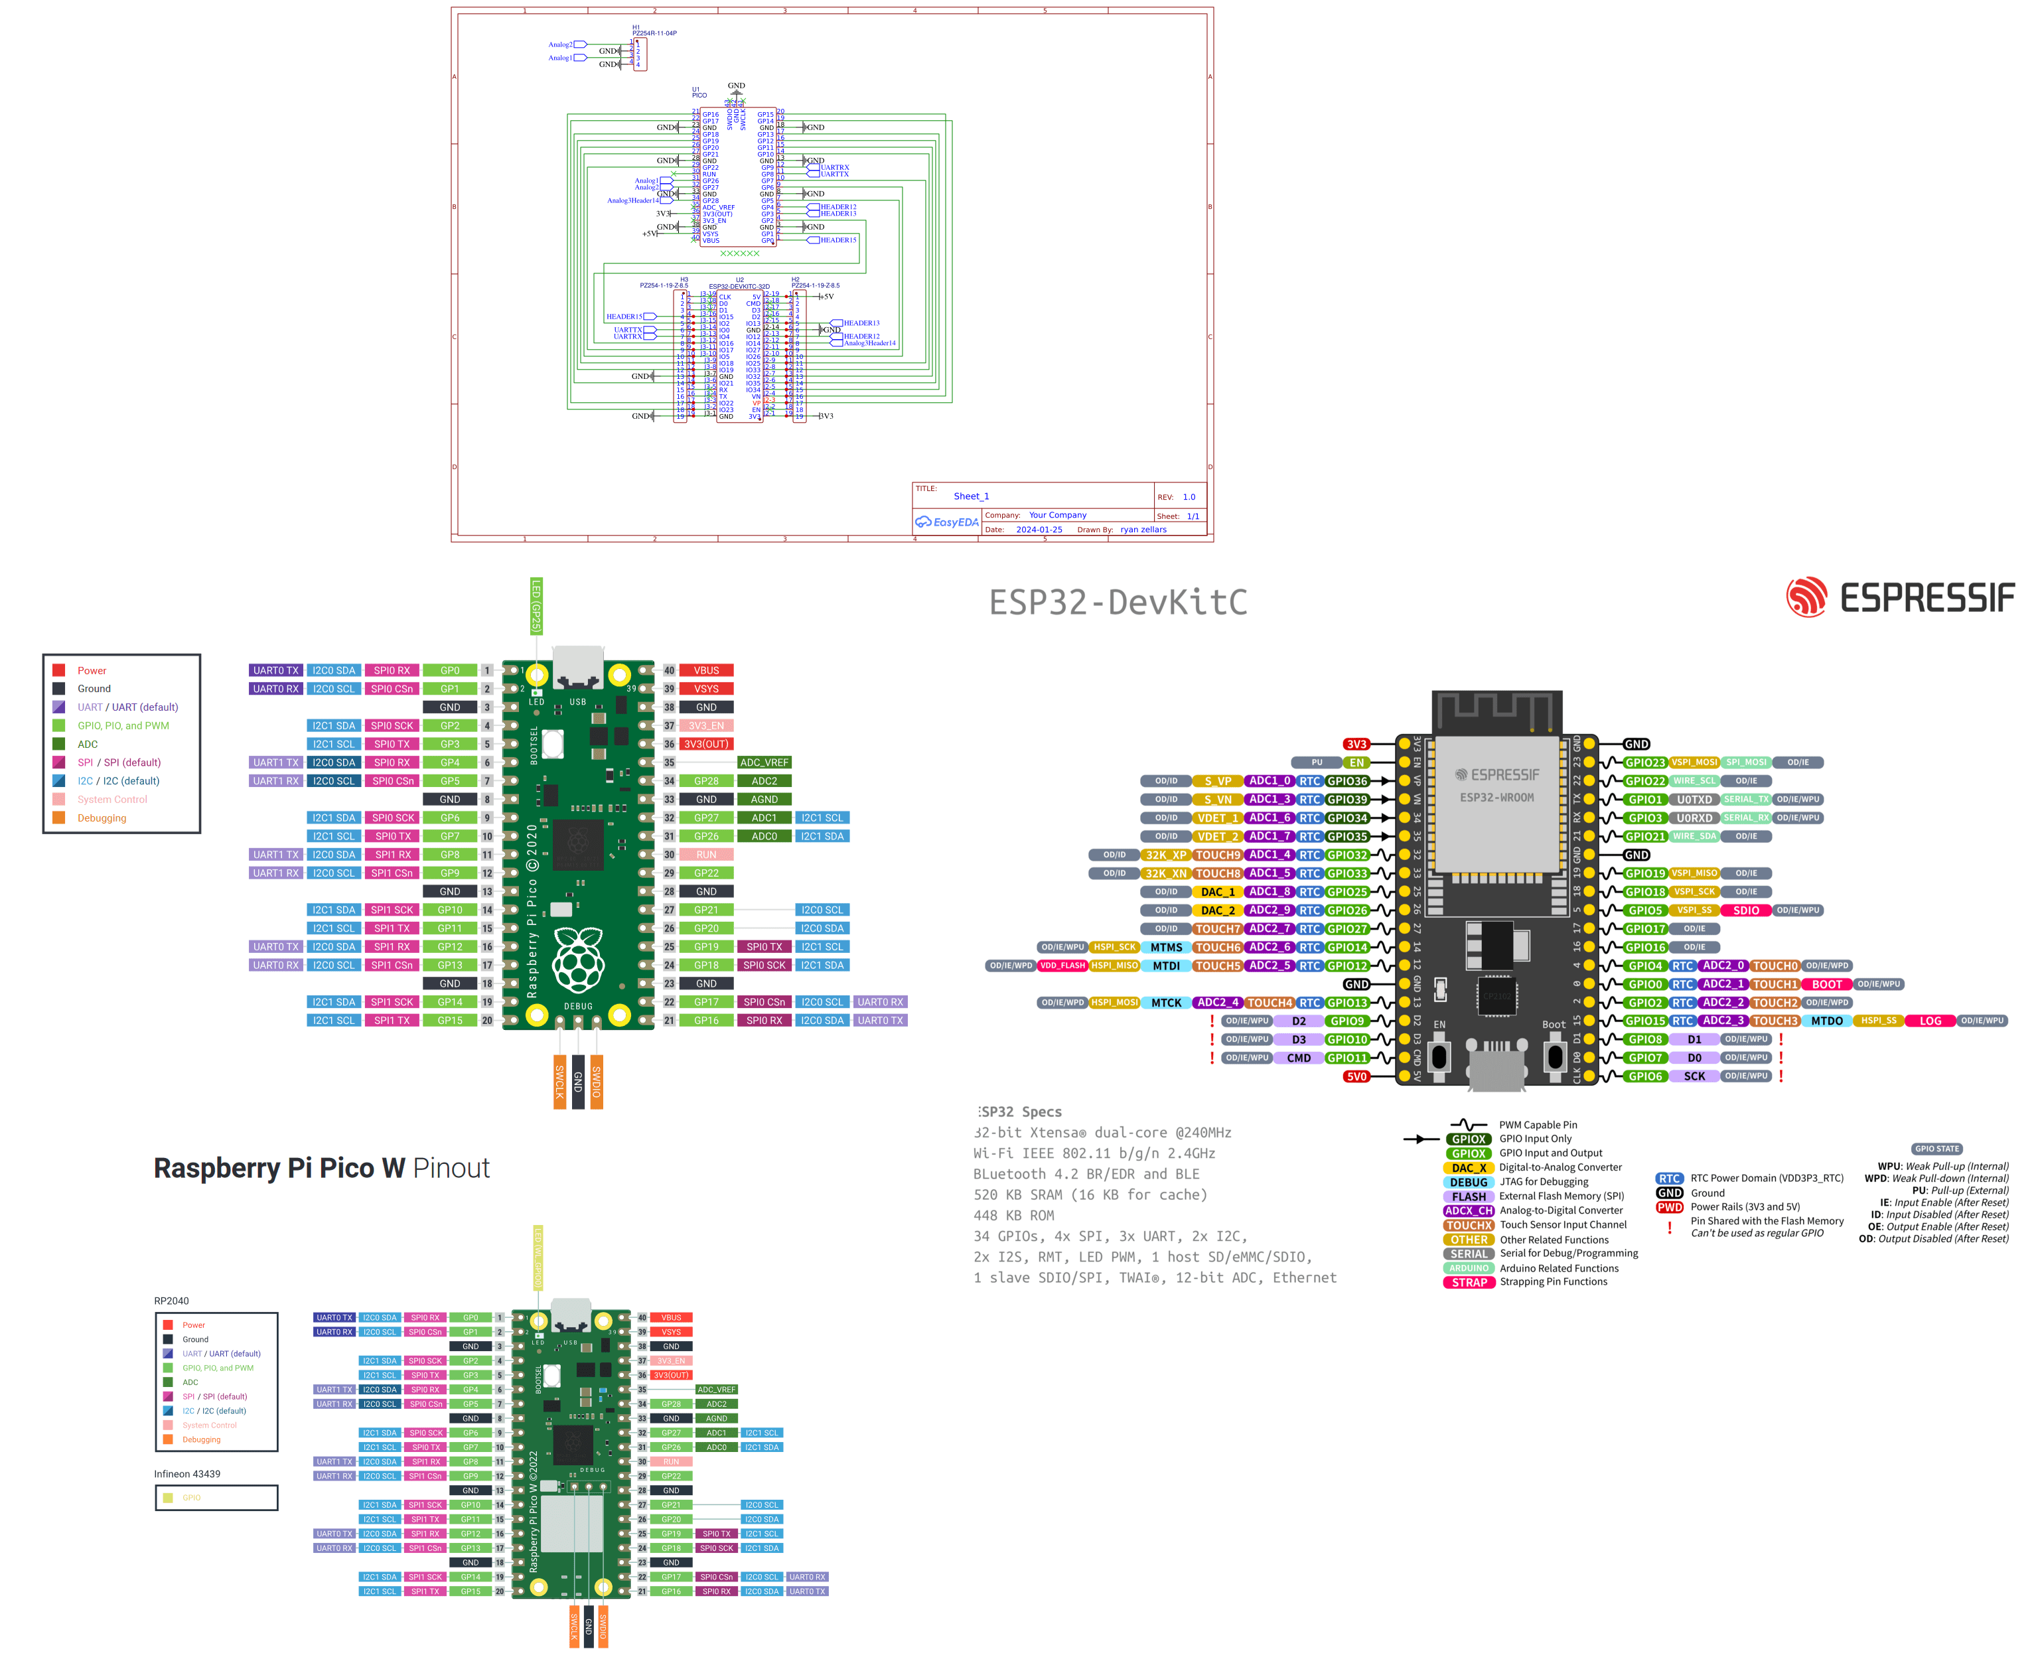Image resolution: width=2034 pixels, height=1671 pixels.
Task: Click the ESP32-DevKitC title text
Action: click(1118, 603)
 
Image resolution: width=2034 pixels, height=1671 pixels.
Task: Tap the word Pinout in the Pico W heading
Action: click(451, 1169)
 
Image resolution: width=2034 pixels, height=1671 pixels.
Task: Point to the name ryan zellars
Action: click(1143, 530)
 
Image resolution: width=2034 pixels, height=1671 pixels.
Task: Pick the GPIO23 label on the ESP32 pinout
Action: click(1644, 763)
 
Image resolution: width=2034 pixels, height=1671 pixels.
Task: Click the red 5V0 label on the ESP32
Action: click(1356, 1077)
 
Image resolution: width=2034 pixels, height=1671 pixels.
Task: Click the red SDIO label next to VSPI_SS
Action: click(1745, 910)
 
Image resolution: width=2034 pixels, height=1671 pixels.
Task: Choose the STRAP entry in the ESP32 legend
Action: click(1469, 1282)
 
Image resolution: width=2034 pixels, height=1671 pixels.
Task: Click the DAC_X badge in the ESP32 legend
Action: click(1469, 1167)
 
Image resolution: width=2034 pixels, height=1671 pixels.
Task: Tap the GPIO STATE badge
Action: click(1936, 1148)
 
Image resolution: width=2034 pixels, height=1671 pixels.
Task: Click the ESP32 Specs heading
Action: click(1021, 1112)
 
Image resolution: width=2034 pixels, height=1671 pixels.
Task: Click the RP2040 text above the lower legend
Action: click(171, 1301)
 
